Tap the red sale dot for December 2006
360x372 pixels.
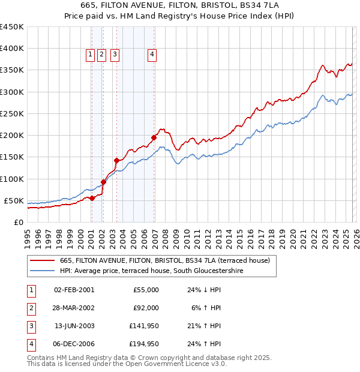(x=154, y=137)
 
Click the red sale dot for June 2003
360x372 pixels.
(x=116, y=160)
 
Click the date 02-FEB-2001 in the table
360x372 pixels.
(x=74, y=290)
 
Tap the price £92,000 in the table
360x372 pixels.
(x=145, y=308)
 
